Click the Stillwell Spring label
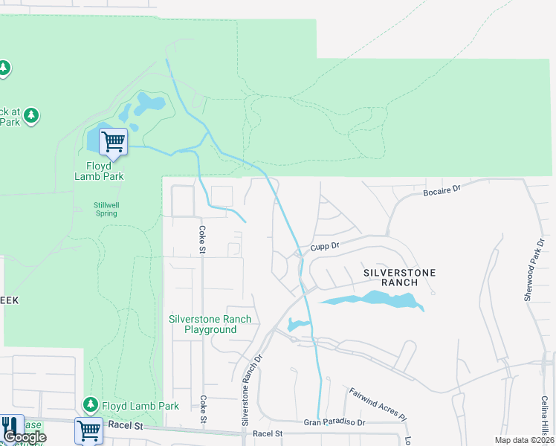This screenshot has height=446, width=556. [105, 209]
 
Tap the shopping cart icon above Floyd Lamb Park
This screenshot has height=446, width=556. [113, 140]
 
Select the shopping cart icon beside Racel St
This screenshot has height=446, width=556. [88, 430]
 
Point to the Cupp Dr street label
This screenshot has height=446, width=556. [325, 245]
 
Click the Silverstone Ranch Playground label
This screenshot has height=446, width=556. [210, 324]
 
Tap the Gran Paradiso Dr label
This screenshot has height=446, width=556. [334, 422]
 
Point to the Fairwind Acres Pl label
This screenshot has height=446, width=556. [378, 402]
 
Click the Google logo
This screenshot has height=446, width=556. [25, 437]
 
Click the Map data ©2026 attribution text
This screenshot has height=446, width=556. [524, 440]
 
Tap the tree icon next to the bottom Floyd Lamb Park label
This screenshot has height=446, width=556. [90, 405]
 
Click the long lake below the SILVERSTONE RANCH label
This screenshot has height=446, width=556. [372, 300]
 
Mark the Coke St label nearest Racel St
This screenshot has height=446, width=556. [203, 409]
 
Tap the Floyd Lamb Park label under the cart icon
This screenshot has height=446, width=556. [99, 171]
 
